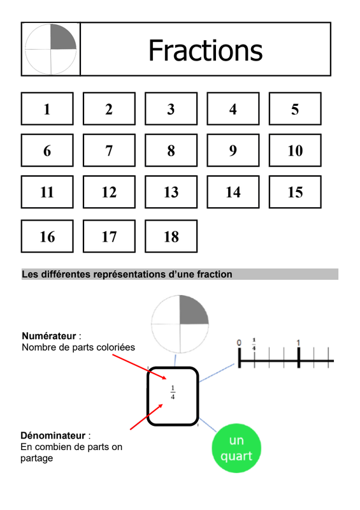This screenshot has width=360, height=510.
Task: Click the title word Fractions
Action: point(205,50)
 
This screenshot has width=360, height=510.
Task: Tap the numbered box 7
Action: point(109,150)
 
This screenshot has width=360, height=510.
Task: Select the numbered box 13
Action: point(171,192)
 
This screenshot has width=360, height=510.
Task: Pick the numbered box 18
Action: point(171,236)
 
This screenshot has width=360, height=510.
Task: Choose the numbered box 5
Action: point(295,108)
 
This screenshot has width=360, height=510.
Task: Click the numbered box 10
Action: point(295,150)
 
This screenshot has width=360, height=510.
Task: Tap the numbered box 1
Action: point(47,108)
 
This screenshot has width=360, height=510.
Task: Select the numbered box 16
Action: point(47,236)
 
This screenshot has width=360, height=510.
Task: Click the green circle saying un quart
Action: point(236,448)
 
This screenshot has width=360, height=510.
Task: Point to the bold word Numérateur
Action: point(49,336)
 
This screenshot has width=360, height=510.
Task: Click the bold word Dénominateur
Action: point(53,435)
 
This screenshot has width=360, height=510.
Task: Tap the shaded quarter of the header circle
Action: point(62,38)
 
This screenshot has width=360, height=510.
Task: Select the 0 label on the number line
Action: point(239,343)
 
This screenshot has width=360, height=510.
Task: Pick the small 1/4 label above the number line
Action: point(254,344)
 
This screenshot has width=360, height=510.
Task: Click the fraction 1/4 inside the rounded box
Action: point(173,392)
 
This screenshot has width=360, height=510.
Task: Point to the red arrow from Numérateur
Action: point(140,367)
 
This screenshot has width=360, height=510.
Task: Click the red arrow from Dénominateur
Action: point(147,417)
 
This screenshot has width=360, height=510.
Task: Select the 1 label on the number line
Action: point(298,343)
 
